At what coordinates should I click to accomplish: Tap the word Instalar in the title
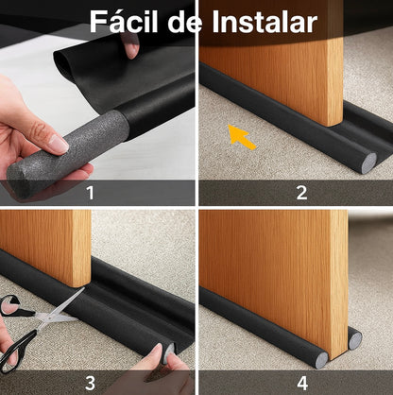(x=265, y=22)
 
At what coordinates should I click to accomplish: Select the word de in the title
(x=186, y=22)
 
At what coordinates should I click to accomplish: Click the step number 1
(x=91, y=193)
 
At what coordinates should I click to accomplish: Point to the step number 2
(x=301, y=193)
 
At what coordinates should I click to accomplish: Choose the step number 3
(x=91, y=383)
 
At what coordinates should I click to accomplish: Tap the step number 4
(x=302, y=383)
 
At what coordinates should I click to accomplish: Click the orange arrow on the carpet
(x=241, y=137)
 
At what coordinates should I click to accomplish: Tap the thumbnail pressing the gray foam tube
(x=59, y=144)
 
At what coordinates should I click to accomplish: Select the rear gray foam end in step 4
(x=355, y=340)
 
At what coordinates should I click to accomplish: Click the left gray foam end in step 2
(x=369, y=163)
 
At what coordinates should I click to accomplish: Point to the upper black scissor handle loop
(x=12, y=306)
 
